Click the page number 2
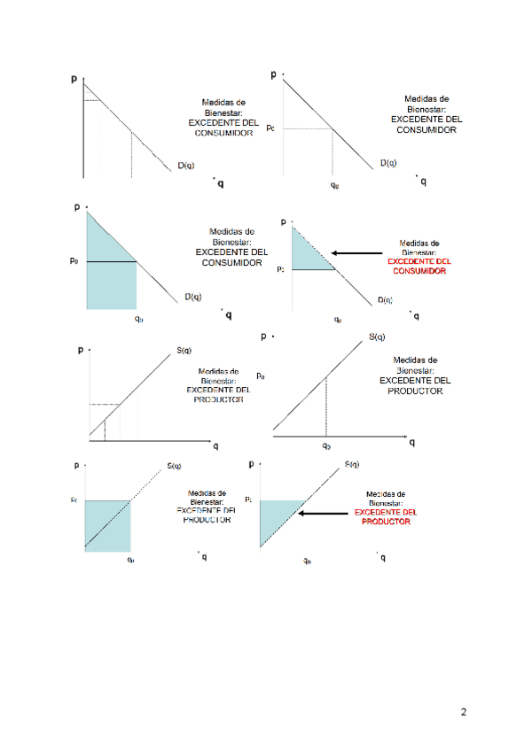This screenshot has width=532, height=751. tap(464, 712)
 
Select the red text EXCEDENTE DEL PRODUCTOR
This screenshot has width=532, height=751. tap(386, 517)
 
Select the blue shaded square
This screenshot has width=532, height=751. tap(107, 526)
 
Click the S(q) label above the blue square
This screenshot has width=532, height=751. tap(174, 467)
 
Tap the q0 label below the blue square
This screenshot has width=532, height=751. tap(130, 560)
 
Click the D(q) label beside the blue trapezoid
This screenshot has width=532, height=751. tap(192, 297)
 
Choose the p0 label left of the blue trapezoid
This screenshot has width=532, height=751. tap(75, 261)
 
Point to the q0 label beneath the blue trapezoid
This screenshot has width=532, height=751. tap(138, 317)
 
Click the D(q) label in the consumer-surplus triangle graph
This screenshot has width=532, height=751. tap(385, 300)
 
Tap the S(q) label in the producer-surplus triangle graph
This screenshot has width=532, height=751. tap(352, 465)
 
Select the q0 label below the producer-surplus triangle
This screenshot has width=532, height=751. tap(307, 560)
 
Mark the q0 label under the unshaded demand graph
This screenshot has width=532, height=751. tap(334, 185)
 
